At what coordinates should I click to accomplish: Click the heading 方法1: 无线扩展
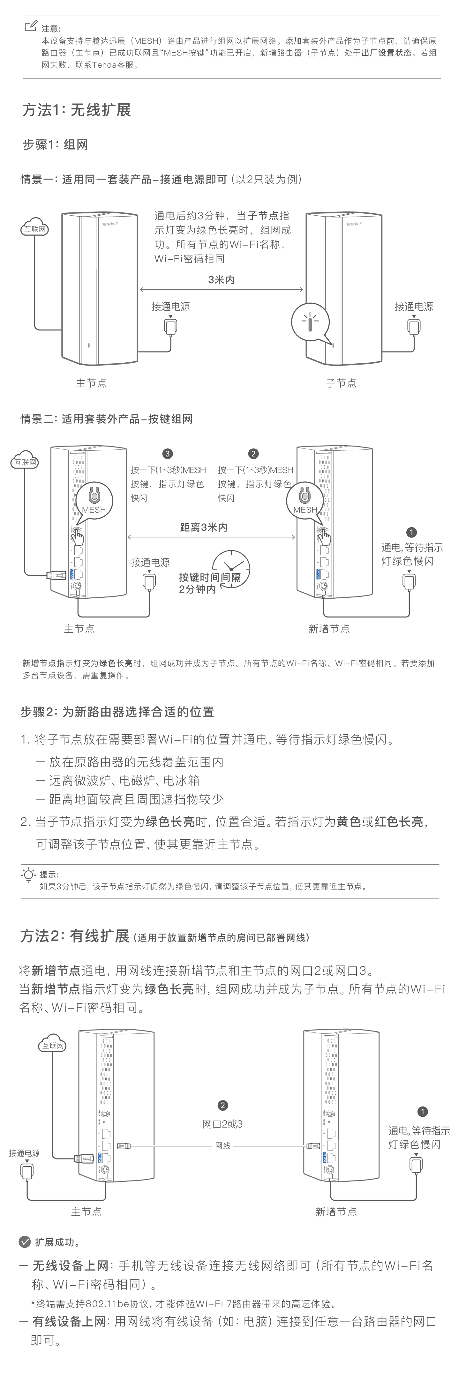pos(76,110)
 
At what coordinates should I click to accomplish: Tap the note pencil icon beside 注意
pos(31,26)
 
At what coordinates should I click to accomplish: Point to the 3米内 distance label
pos(221,279)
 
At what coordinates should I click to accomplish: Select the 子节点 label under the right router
pos(341,383)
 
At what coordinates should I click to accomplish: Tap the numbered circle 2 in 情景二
pos(253,454)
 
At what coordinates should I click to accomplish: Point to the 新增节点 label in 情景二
pos(329,629)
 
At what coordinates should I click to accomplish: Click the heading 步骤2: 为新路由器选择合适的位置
pos(117,712)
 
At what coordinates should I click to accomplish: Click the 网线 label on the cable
pos(223,1146)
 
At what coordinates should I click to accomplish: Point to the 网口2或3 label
pos(222,1124)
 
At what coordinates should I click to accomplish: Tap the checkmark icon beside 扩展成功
pos(25,1242)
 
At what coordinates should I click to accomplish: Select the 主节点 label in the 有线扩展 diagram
pos(86,1211)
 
